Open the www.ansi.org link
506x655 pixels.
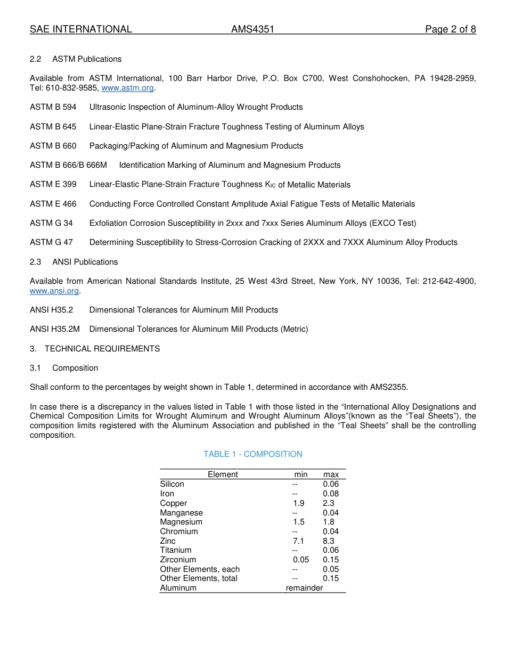click(x=54, y=291)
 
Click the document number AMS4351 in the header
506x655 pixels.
click(x=252, y=29)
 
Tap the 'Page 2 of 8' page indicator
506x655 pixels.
click(x=450, y=29)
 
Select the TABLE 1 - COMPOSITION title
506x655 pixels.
click(x=252, y=454)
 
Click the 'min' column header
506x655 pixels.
click(x=301, y=474)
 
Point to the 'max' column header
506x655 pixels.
click(x=331, y=474)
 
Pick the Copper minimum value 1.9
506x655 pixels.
click(x=299, y=503)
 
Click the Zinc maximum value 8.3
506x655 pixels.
click(x=329, y=541)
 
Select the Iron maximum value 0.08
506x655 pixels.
click(x=331, y=494)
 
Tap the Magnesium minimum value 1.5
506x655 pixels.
click(x=299, y=522)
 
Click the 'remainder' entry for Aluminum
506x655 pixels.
click(x=304, y=588)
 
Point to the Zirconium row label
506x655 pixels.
click(x=178, y=560)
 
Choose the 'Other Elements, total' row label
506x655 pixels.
click(x=199, y=578)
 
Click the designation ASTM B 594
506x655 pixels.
click(x=53, y=107)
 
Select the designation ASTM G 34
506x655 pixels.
click(x=51, y=223)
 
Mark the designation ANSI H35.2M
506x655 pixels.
click(x=55, y=329)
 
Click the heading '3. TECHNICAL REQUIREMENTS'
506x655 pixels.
click(x=95, y=349)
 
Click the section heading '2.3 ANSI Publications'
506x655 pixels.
click(x=74, y=262)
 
